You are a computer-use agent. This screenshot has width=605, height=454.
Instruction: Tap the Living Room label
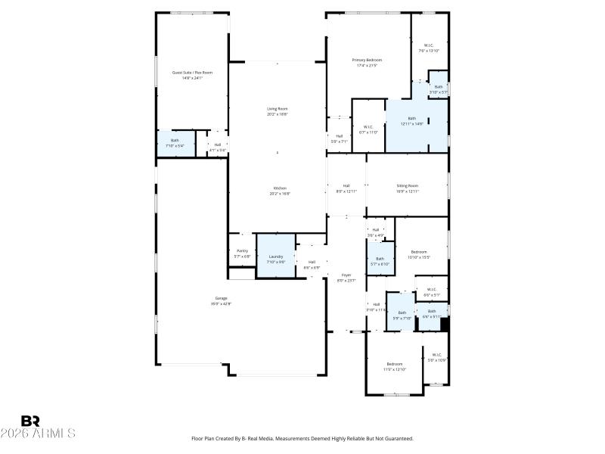(277, 111)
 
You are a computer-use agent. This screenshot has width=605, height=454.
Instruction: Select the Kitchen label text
(280, 191)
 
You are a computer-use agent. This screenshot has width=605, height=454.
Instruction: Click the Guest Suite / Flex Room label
(192, 75)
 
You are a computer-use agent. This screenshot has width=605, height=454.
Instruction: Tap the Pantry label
(242, 253)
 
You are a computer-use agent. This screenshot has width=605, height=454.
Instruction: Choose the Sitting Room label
(408, 188)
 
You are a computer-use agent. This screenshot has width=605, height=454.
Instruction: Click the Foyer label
(346, 278)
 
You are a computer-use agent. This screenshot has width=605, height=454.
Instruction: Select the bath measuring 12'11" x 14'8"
(412, 121)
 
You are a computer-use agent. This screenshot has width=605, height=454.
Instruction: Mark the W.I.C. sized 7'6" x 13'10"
(429, 48)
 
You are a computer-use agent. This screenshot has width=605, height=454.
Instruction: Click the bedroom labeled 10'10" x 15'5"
(419, 254)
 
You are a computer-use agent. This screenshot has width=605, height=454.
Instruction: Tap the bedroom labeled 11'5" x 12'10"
(394, 366)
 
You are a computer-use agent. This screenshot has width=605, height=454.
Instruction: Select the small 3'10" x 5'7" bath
(439, 89)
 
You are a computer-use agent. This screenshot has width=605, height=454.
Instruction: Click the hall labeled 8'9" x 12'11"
(346, 188)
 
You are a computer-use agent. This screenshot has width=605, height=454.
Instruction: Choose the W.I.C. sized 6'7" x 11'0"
(368, 129)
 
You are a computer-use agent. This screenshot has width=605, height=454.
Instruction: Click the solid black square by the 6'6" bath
(445, 324)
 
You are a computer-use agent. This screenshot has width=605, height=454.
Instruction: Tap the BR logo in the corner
(30, 421)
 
